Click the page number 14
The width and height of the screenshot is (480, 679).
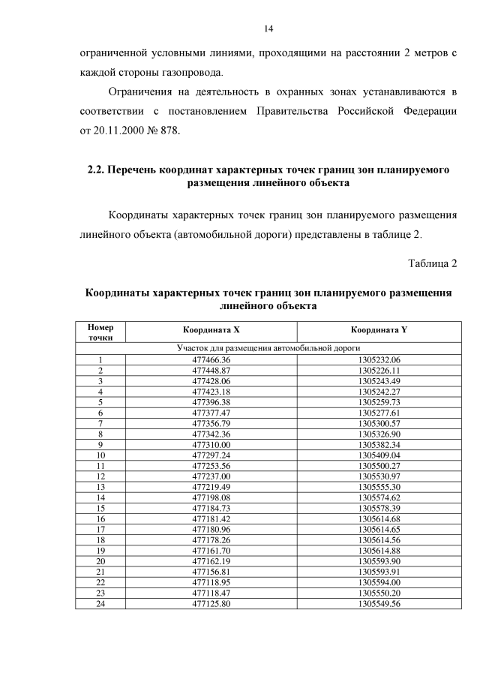point(268,29)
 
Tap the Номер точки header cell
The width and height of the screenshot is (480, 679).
point(100,332)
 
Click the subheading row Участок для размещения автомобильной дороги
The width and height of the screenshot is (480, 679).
point(268,348)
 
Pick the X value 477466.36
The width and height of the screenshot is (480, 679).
point(211,359)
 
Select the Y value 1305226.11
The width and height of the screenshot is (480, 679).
point(379,370)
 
